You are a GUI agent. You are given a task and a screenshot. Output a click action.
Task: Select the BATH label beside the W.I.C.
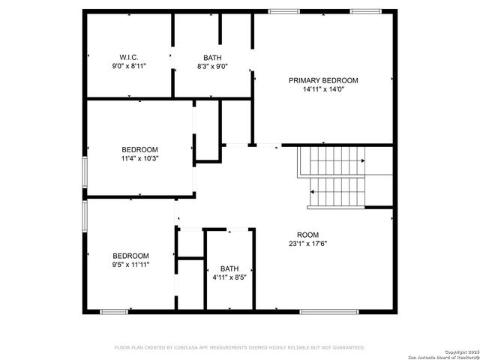click(x=212, y=57)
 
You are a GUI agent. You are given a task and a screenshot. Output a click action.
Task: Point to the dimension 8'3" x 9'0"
click(x=212, y=66)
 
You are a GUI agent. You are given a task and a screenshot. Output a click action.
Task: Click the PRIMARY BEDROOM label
click(x=323, y=80)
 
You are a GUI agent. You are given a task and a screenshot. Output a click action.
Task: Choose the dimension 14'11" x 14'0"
click(x=323, y=89)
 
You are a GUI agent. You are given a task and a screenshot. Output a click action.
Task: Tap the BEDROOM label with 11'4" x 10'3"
click(x=140, y=149)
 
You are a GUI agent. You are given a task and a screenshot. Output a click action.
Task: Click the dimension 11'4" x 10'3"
click(x=140, y=158)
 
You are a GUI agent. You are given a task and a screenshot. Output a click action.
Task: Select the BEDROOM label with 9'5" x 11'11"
click(x=130, y=256)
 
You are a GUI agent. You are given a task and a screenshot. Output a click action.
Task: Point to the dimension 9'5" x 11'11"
click(x=130, y=265)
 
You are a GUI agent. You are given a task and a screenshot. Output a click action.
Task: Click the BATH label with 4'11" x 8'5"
click(x=229, y=268)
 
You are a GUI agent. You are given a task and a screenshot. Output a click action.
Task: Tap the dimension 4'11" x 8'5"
click(x=229, y=277)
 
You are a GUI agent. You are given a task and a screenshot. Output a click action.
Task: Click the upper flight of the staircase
click(x=331, y=160)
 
